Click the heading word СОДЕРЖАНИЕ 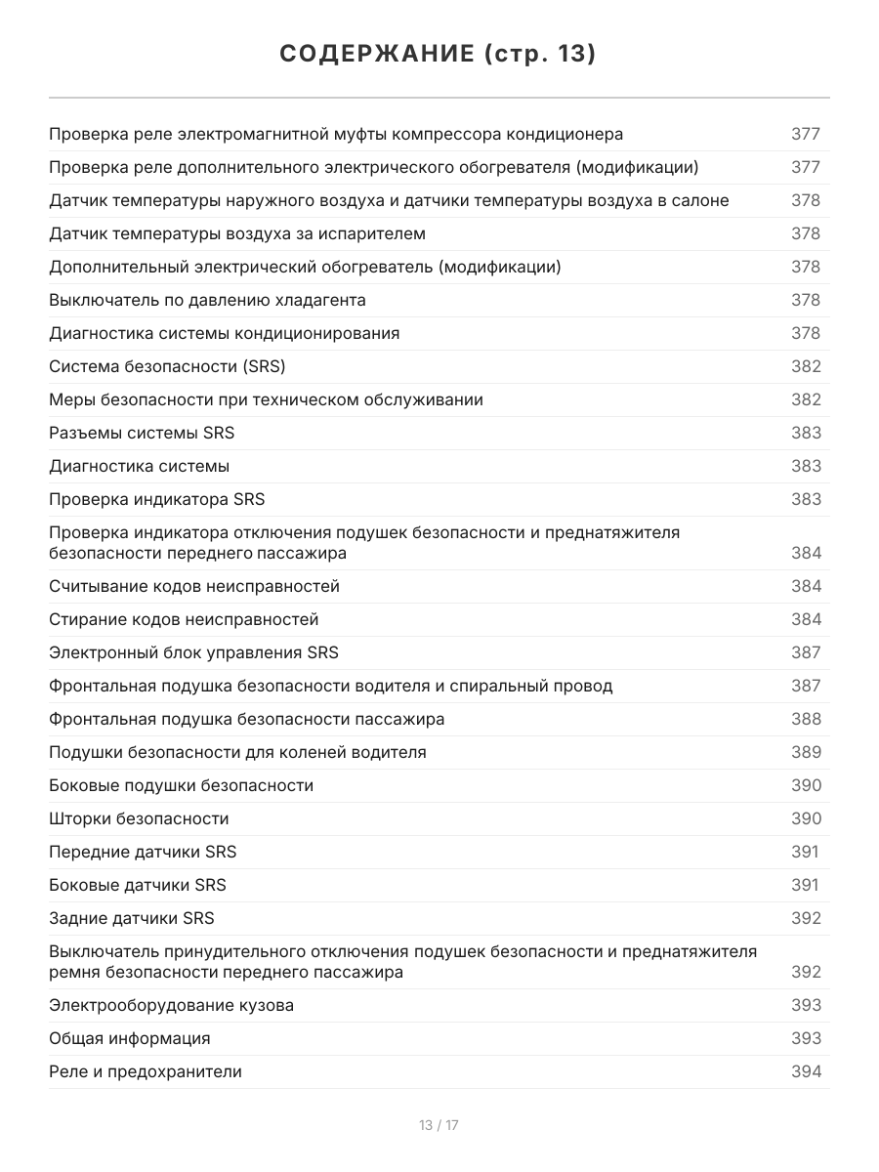pyautogui.click(x=375, y=55)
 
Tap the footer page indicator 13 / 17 pyautogui.click(x=439, y=1125)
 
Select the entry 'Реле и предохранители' pyautogui.click(x=146, y=1071)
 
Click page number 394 pyautogui.click(x=806, y=1071)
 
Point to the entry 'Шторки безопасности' pyautogui.click(x=139, y=818)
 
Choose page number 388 pyautogui.click(x=806, y=719)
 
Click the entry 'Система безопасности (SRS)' pyautogui.click(x=167, y=366)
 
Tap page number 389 pyautogui.click(x=806, y=752)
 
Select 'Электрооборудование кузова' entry pyautogui.click(x=171, y=1005)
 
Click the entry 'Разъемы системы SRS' pyautogui.click(x=142, y=433)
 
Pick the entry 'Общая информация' pyautogui.click(x=130, y=1038)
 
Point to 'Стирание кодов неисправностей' pyautogui.click(x=184, y=619)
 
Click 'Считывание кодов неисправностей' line pyautogui.click(x=194, y=586)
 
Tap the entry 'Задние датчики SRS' pyautogui.click(x=132, y=918)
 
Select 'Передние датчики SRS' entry pyautogui.click(x=143, y=852)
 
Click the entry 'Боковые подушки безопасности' pyautogui.click(x=181, y=785)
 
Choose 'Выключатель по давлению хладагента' pyautogui.click(x=207, y=300)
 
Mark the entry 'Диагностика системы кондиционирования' pyautogui.click(x=224, y=333)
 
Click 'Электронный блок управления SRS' pyautogui.click(x=193, y=652)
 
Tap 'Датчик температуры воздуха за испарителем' pyautogui.click(x=237, y=233)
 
